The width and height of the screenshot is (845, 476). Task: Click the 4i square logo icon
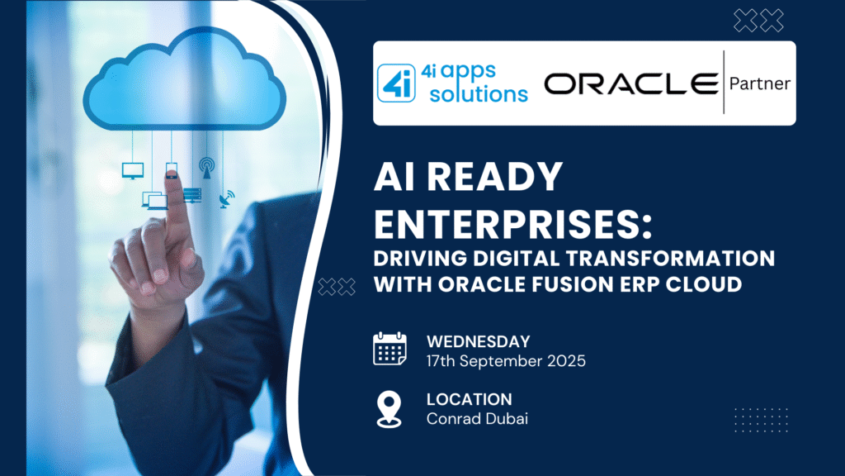(x=396, y=83)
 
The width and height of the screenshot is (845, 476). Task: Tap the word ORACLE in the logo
(x=631, y=83)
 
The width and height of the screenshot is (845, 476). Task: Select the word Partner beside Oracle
(x=760, y=83)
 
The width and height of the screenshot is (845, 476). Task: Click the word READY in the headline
(x=495, y=177)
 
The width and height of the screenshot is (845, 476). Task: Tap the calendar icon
(x=389, y=350)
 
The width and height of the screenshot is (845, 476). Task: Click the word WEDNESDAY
(x=479, y=341)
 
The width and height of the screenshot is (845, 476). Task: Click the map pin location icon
(x=389, y=410)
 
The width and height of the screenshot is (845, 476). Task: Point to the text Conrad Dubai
(x=477, y=419)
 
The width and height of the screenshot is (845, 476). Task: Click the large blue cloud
(x=184, y=81)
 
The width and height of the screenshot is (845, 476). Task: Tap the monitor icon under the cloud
(x=133, y=170)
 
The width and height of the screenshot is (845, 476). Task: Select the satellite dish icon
(x=227, y=199)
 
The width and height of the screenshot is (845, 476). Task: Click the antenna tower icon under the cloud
(x=206, y=168)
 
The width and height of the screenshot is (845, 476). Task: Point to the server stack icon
(x=192, y=195)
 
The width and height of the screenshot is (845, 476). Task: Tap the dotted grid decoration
(x=761, y=420)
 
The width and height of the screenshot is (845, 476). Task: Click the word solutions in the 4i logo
(x=479, y=94)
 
